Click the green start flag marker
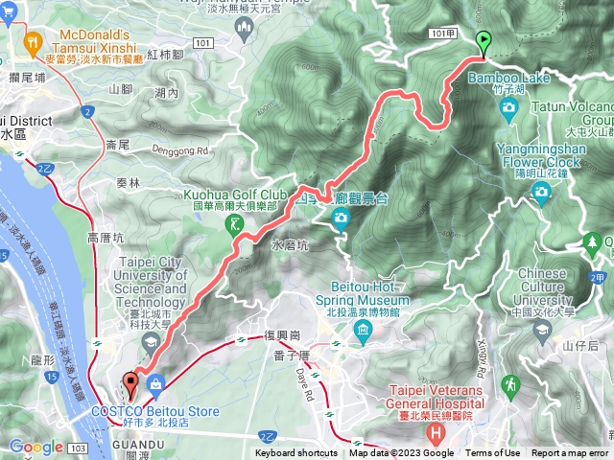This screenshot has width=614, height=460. point(484,41)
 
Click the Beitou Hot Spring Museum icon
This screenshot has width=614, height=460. point(363,333)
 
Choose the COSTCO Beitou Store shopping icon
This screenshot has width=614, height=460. point(154,384)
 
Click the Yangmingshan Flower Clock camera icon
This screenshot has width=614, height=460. point(542,192)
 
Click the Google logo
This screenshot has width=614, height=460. point(35,447)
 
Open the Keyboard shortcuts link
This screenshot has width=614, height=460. point(296,453)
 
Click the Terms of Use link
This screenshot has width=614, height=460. point(493,453)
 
